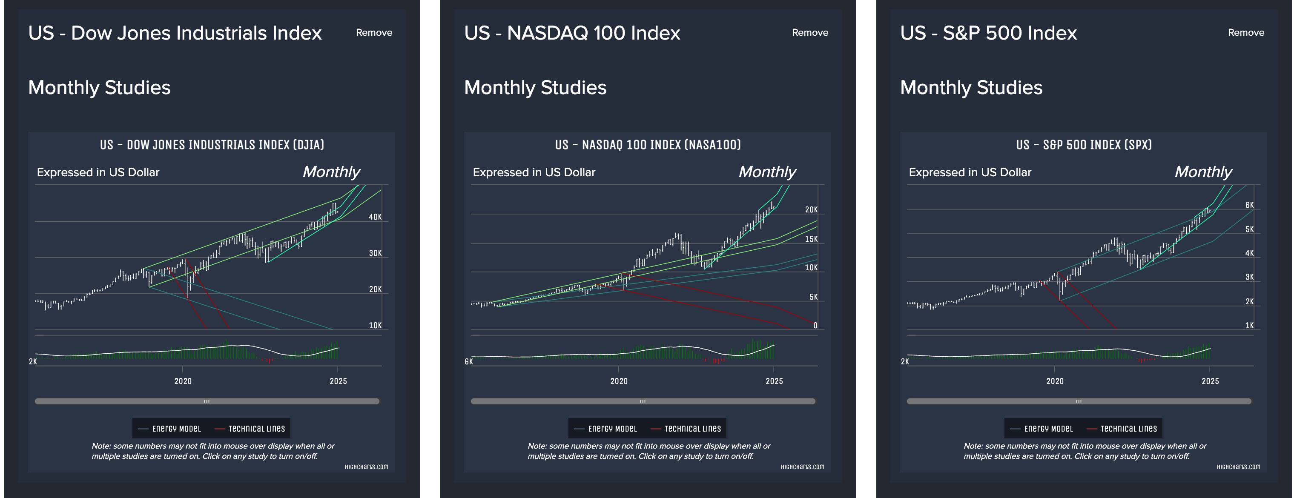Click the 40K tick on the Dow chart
tap(375, 217)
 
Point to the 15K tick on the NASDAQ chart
tap(811, 239)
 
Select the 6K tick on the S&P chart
tap(1249, 205)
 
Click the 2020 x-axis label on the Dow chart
tap(183, 381)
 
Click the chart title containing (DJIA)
tap(212, 145)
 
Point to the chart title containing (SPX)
tap(1084, 145)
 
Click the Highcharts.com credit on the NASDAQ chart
tap(802, 467)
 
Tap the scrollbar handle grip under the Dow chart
tap(207, 401)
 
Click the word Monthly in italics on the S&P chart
tap(1203, 172)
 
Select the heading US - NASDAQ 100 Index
tap(572, 33)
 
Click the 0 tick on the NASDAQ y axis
tap(815, 326)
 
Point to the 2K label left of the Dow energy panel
tap(33, 361)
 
